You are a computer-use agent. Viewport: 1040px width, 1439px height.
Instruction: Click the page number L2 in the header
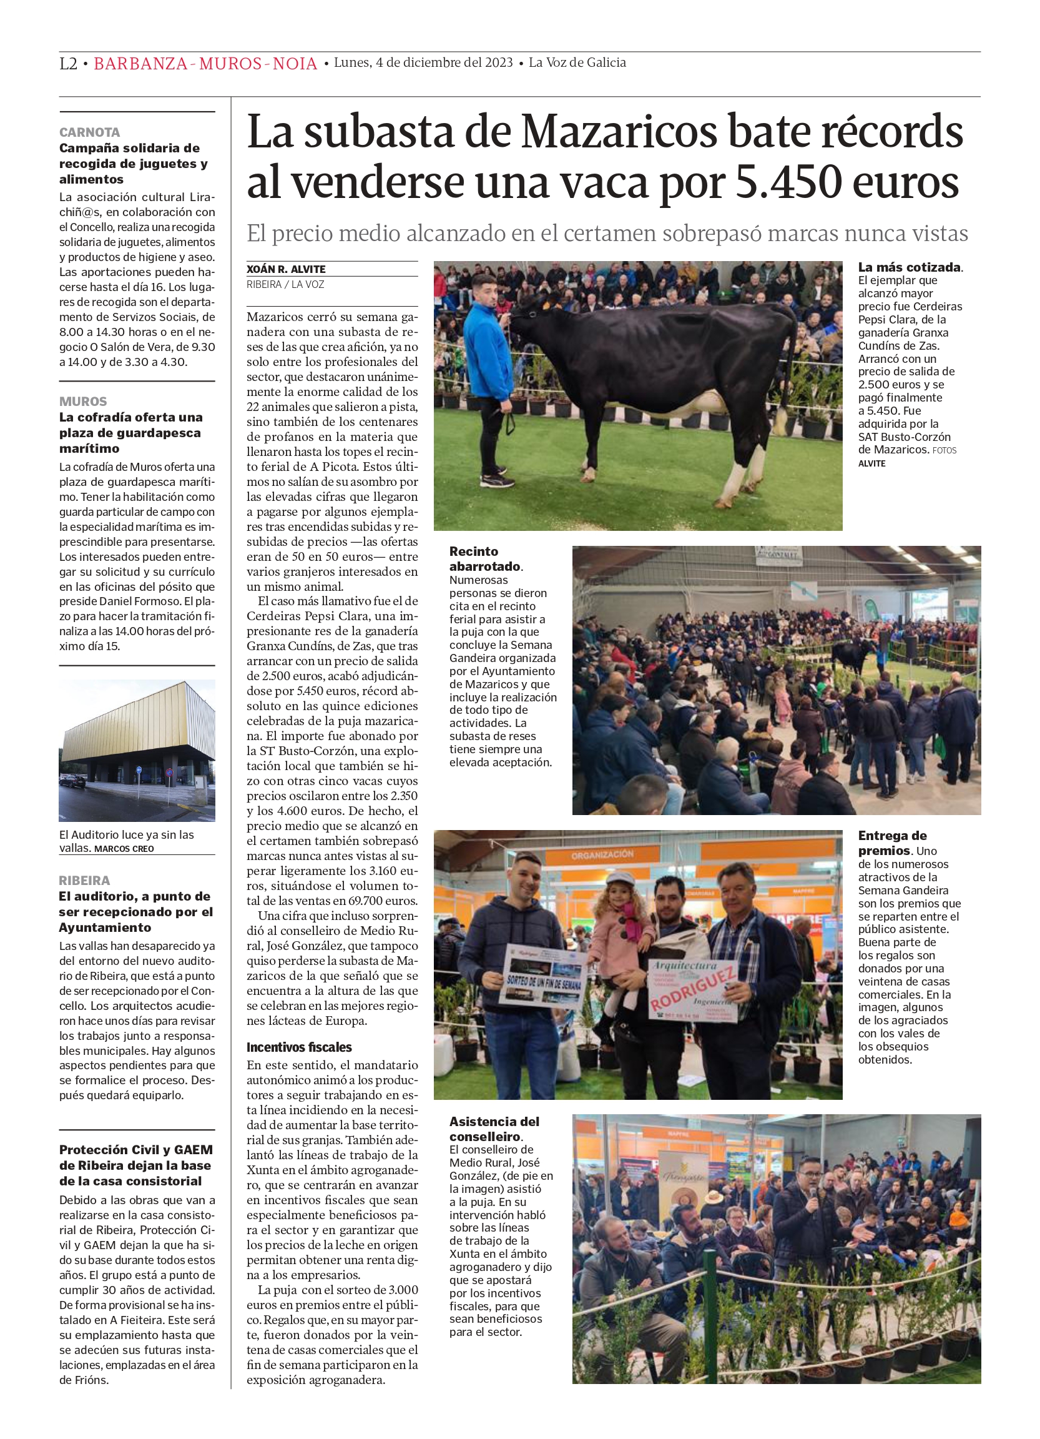[68, 64]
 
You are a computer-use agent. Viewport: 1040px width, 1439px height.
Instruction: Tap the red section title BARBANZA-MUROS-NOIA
[205, 64]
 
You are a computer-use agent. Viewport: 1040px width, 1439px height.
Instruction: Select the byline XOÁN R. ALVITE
[285, 269]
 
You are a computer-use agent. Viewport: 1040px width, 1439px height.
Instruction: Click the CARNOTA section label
[89, 132]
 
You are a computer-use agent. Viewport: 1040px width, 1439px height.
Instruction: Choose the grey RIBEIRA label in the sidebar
[84, 880]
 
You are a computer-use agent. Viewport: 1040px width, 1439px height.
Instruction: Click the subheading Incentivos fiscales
[298, 1047]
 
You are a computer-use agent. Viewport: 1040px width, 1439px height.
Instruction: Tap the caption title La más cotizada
[909, 267]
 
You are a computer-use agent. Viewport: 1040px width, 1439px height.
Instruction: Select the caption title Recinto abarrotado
[484, 558]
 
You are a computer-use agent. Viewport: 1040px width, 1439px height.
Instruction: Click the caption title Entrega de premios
[891, 843]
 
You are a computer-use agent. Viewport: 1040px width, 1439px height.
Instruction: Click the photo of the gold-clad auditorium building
[137, 750]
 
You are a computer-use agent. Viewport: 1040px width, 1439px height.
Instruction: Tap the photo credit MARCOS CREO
[124, 849]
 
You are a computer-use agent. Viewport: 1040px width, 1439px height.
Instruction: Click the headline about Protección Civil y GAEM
[135, 1165]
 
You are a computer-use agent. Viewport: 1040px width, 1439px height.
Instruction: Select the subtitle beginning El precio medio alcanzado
[607, 234]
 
